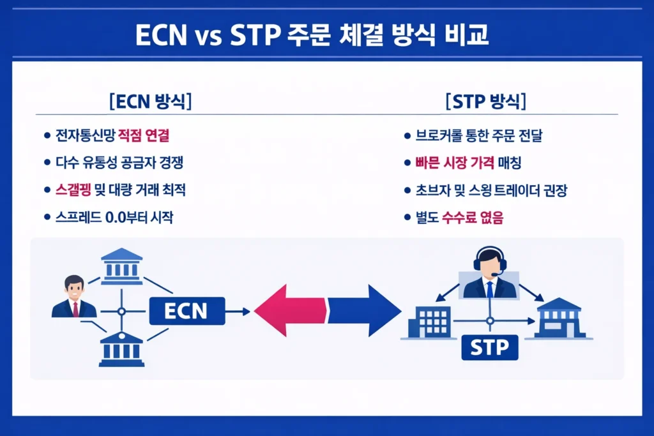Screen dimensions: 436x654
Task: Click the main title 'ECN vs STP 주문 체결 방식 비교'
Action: tap(312, 35)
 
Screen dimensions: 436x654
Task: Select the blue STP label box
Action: tap(489, 348)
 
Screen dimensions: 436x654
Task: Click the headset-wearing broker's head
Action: tap(489, 261)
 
